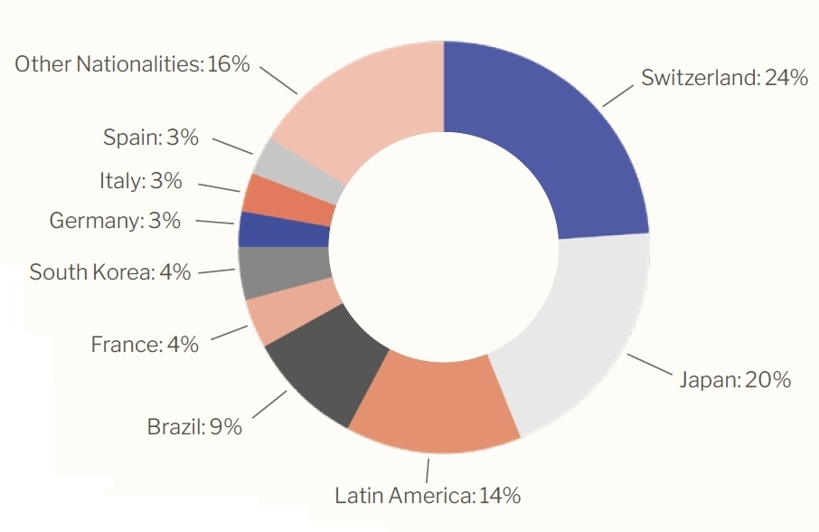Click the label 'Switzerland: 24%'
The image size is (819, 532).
pyautogui.click(x=723, y=78)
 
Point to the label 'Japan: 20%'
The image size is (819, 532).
pyautogui.click(x=734, y=380)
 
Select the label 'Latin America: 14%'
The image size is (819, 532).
pyautogui.click(x=427, y=496)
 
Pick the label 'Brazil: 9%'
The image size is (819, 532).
pyautogui.click(x=194, y=426)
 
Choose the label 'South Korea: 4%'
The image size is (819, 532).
pyautogui.click(x=110, y=271)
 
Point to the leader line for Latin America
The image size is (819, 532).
pyautogui.click(x=428, y=470)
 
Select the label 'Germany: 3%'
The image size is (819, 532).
pyautogui.click(x=115, y=220)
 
